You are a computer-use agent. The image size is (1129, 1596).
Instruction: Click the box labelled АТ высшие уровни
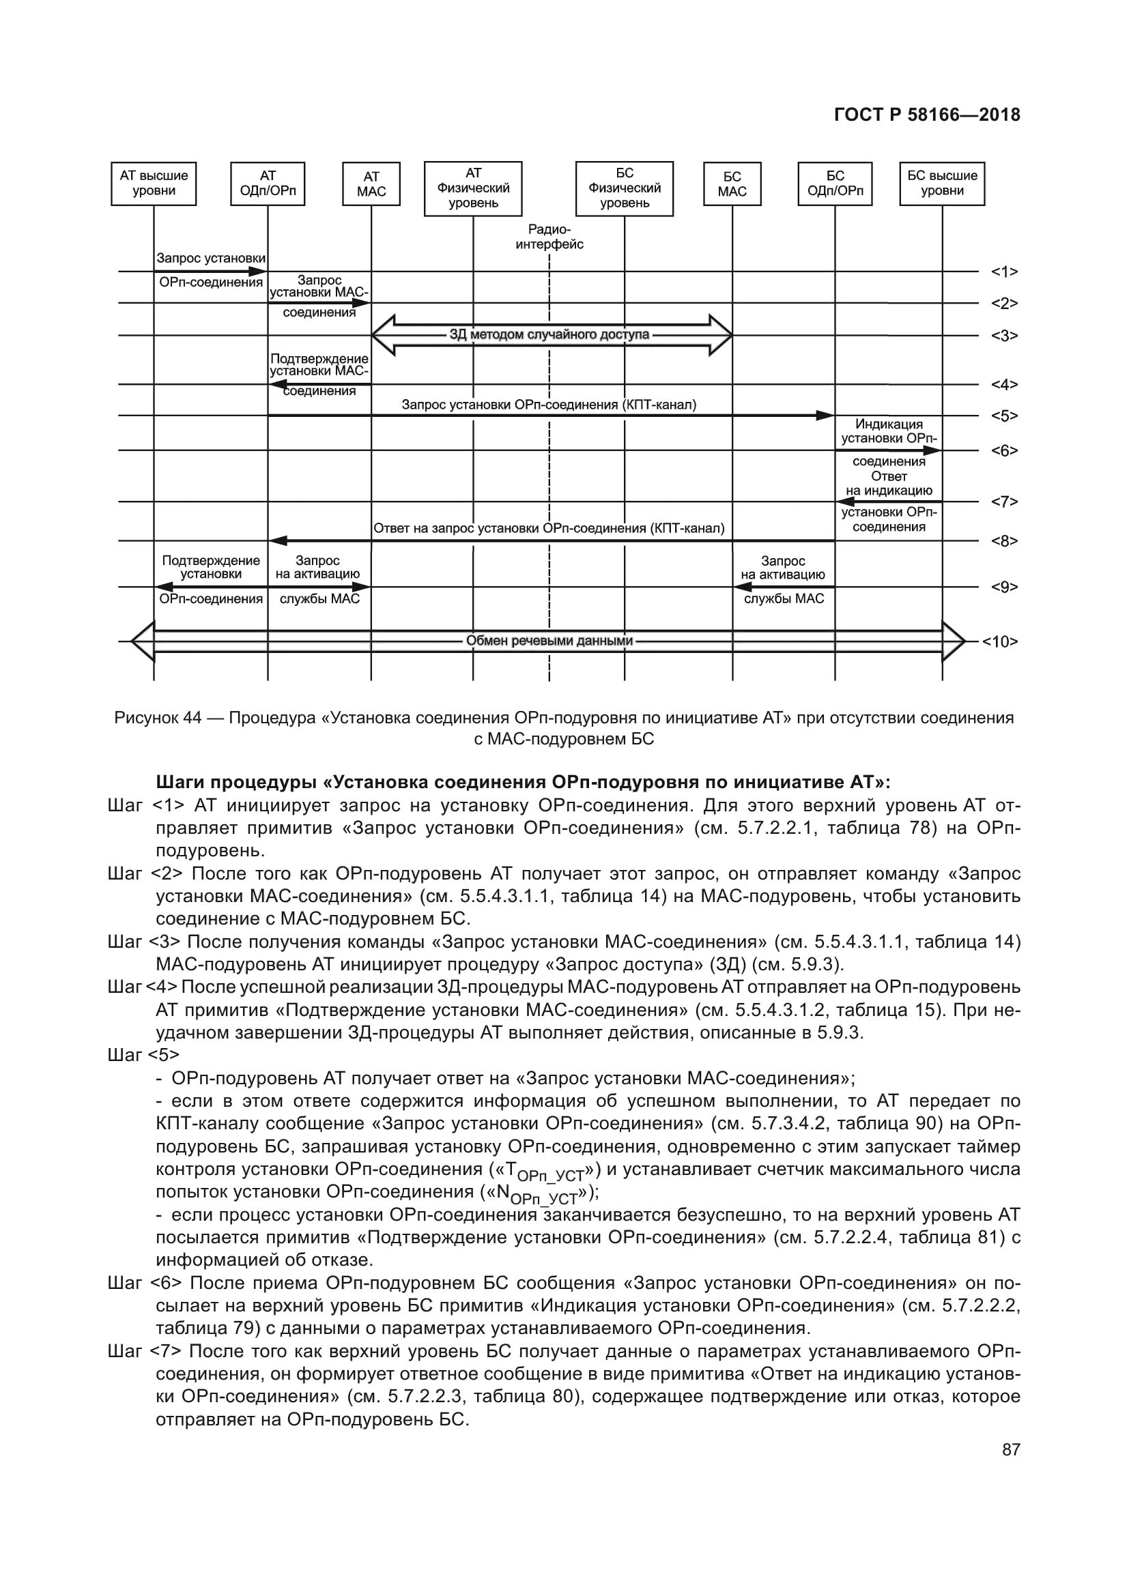pyautogui.click(x=154, y=184)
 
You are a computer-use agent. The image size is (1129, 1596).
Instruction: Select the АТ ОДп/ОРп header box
pyautogui.click(x=268, y=184)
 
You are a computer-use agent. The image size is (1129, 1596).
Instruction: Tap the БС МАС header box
pyautogui.click(x=732, y=184)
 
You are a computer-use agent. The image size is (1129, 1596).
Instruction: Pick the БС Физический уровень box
pyautogui.click(x=625, y=188)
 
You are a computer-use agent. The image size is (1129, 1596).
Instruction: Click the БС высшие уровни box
pyautogui.click(x=942, y=184)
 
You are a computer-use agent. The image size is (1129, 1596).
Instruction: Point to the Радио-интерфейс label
pyautogui.click(x=549, y=237)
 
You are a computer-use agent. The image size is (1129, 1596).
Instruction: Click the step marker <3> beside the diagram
pyautogui.click(x=1004, y=336)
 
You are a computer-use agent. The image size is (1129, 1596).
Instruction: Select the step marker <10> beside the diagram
pyautogui.click(x=1001, y=641)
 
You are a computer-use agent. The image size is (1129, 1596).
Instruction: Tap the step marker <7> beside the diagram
pyautogui.click(x=1004, y=502)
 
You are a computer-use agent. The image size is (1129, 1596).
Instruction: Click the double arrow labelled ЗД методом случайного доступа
pyautogui.click(x=549, y=335)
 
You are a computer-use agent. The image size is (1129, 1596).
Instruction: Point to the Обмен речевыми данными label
pyautogui.click(x=549, y=640)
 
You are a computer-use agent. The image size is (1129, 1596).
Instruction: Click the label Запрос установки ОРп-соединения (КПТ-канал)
pyautogui.click(x=549, y=405)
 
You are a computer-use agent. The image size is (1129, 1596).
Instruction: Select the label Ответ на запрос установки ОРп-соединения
pyautogui.click(x=549, y=528)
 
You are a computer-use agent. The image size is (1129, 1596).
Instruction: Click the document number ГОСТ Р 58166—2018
pyautogui.click(x=927, y=115)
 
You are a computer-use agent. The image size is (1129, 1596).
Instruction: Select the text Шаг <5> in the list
pyautogui.click(x=143, y=1055)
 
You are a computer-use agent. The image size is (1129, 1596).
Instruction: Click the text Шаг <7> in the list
pyautogui.click(x=145, y=1351)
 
